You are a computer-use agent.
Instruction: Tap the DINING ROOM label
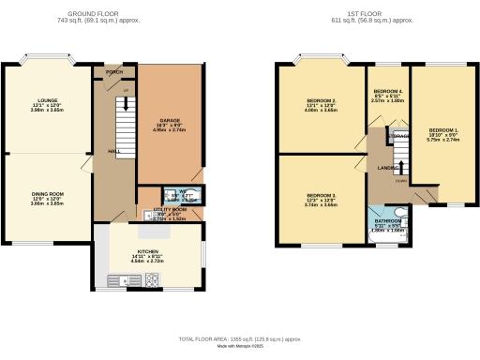tap(48, 195)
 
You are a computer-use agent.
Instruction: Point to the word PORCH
tap(115, 71)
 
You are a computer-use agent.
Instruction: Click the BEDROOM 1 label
tap(443, 129)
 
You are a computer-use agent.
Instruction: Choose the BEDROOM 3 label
tap(322, 195)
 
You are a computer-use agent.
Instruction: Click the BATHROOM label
tap(386, 221)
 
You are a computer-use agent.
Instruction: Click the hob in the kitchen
tap(122, 278)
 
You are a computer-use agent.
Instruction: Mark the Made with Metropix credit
tap(240, 347)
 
